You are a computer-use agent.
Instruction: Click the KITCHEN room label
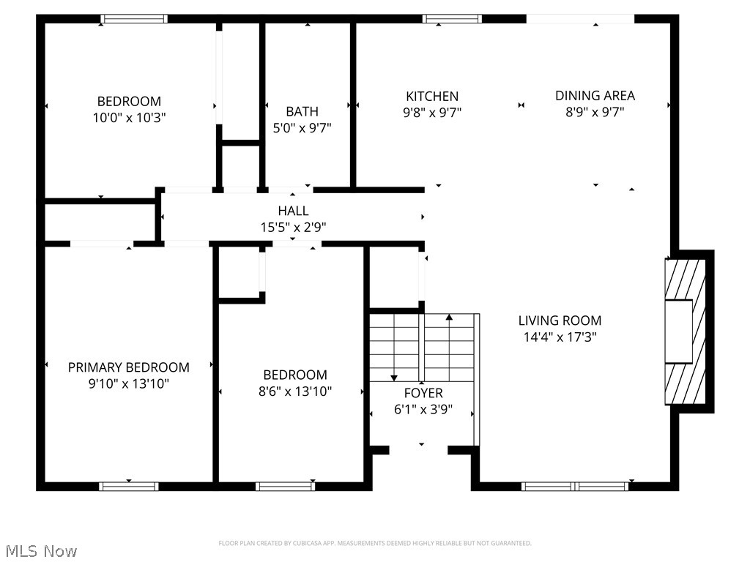[432, 96]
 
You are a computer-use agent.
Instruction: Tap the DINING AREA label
[595, 95]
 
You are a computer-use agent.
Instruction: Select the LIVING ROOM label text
[560, 321]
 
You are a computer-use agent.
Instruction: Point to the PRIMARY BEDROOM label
[129, 367]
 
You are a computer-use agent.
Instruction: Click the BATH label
[302, 111]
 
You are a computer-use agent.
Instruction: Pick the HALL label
[293, 211]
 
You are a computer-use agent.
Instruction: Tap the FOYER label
[423, 394]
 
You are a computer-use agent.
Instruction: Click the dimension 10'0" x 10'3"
[129, 118]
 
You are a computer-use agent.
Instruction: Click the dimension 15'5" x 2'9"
[293, 228]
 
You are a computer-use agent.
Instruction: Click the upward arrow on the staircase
[449, 318]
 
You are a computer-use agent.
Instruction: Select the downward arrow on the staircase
[394, 376]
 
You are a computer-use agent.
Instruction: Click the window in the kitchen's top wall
[452, 19]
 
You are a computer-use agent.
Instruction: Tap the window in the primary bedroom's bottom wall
[129, 486]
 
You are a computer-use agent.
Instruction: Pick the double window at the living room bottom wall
[575, 486]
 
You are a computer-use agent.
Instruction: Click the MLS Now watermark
[40, 550]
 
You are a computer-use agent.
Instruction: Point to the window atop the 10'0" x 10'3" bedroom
[134, 19]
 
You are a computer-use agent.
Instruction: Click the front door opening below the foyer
[420, 449]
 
